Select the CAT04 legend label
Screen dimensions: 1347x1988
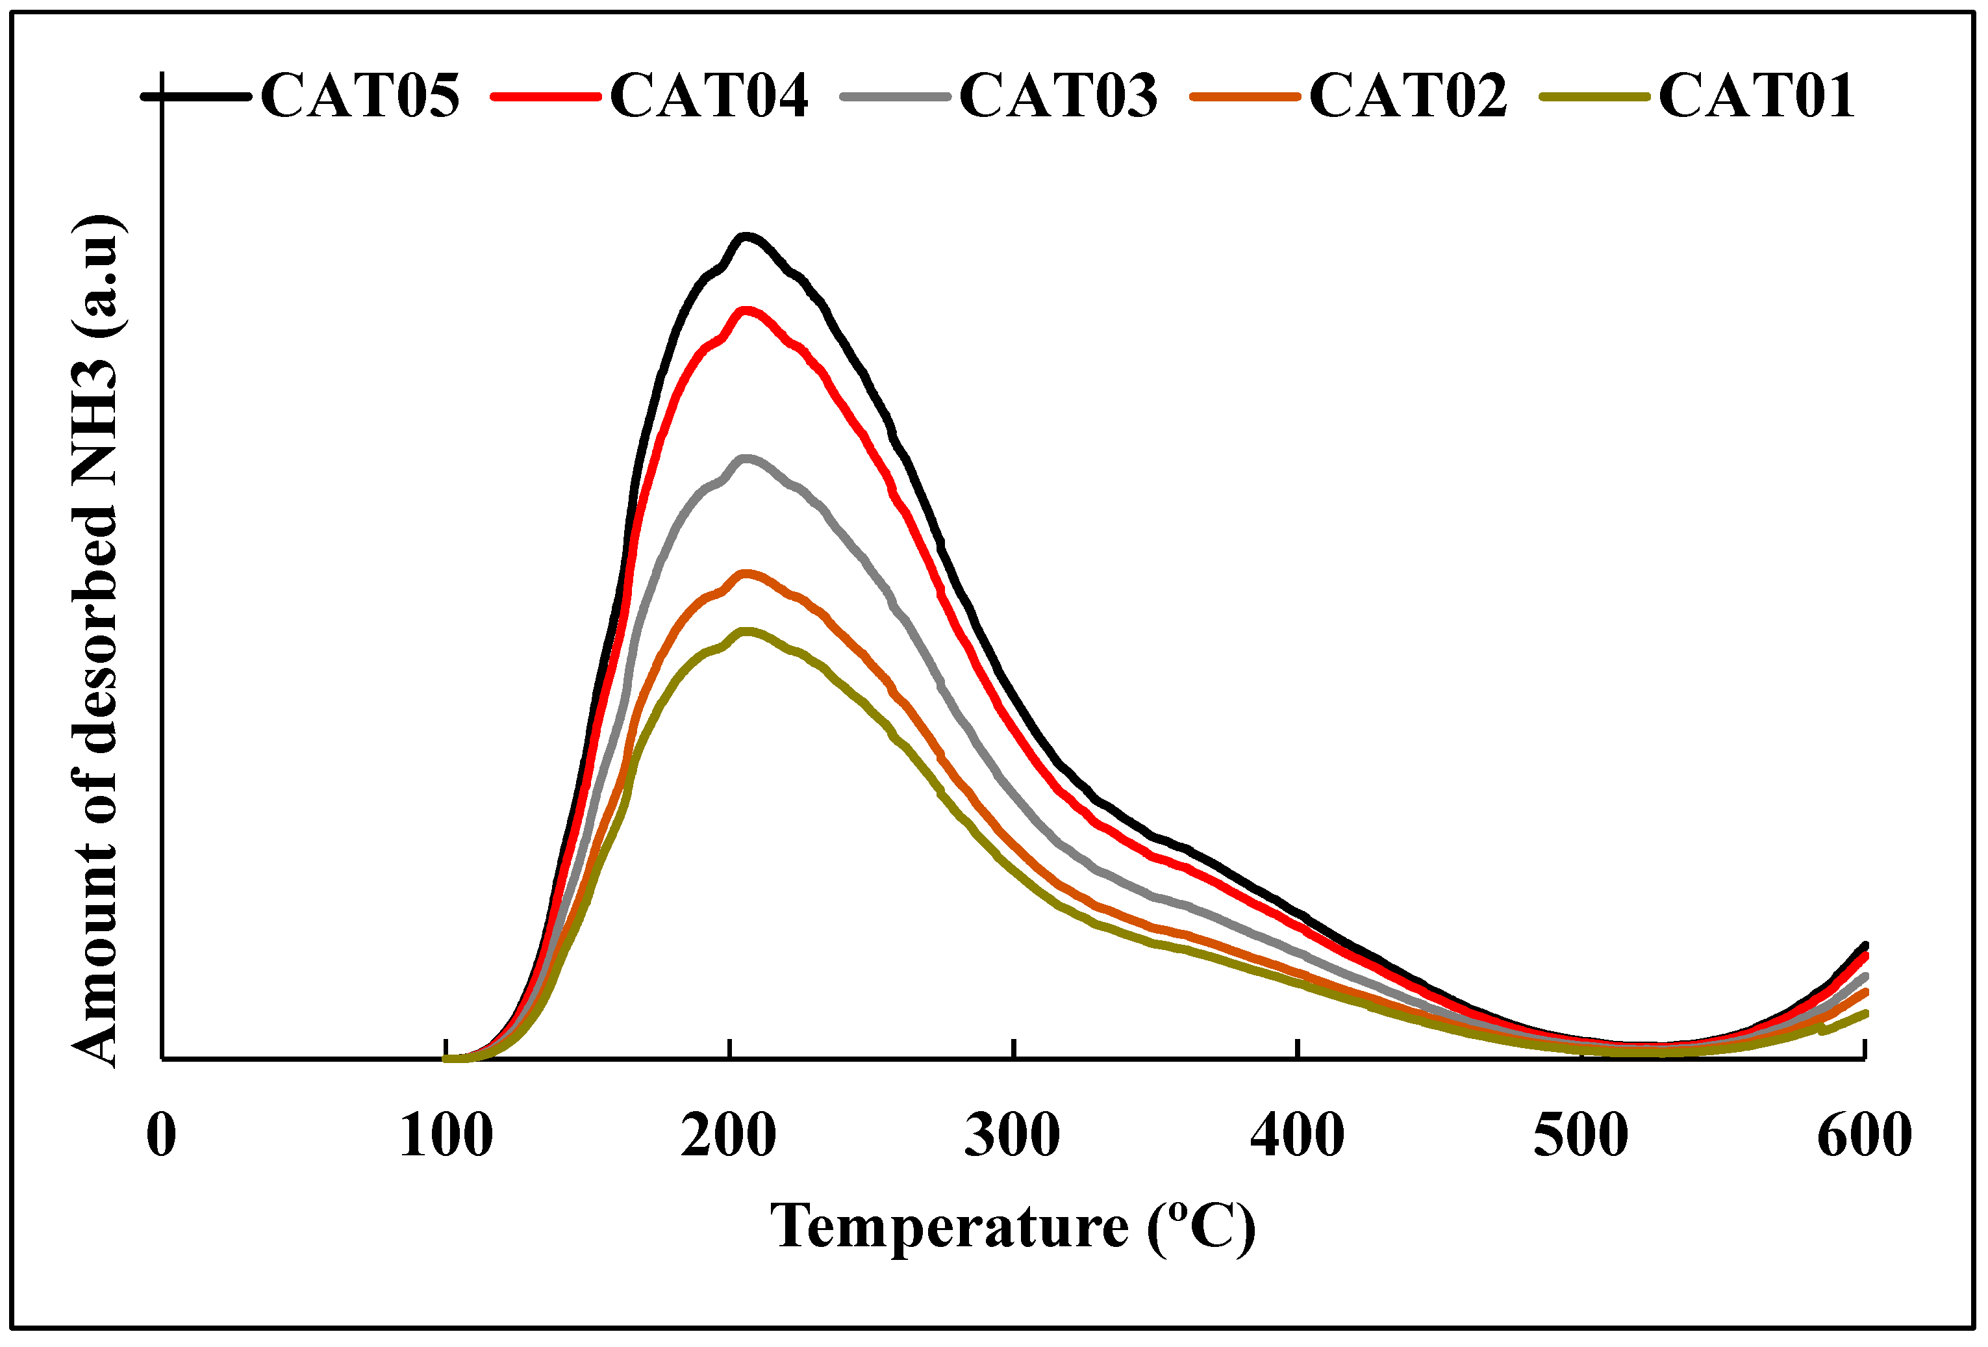tap(709, 95)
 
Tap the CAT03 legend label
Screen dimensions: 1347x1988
tap(1059, 95)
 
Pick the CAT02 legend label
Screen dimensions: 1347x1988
tap(1409, 95)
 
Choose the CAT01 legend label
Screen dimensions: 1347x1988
tap(1757, 95)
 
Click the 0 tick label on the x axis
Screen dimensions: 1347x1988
tap(161, 1136)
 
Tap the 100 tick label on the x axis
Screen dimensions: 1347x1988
tap(446, 1136)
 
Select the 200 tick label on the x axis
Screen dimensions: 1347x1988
tap(729, 1136)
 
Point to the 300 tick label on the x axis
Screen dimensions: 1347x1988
tap(1013, 1136)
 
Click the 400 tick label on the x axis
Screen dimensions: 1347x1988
tap(1297, 1136)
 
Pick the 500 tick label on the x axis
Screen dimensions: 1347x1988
tap(1581, 1136)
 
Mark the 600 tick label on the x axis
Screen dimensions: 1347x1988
tap(1865, 1136)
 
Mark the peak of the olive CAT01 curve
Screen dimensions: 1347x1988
tap(746, 632)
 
